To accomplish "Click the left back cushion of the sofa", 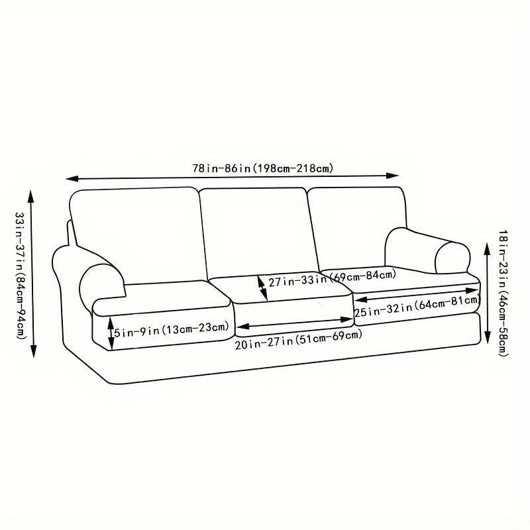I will click(x=136, y=232).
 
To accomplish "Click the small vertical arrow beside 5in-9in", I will click(x=111, y=331).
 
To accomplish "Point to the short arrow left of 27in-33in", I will click(x=262, y=286).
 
